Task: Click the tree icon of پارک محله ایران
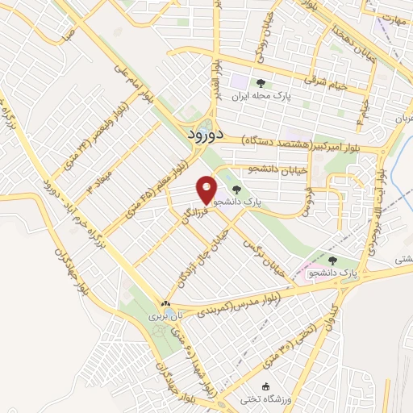click(260, 83)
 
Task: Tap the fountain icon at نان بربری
click(166, 304)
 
